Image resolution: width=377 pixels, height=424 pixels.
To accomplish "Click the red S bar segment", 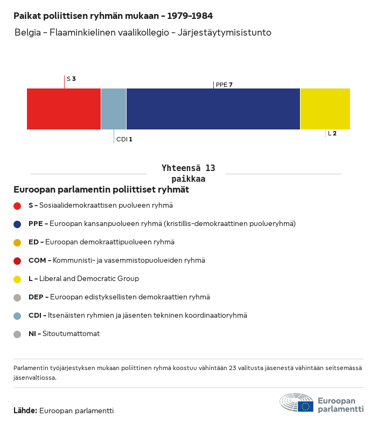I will tap(64, 109).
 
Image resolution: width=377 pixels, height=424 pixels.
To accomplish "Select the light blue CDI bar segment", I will tap(114, 109).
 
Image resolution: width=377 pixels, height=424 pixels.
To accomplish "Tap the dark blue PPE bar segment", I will tap(213, 109).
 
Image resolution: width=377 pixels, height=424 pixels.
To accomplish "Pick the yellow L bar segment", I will tap(325, 109).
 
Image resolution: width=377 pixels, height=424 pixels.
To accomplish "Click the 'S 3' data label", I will tap(71, 79).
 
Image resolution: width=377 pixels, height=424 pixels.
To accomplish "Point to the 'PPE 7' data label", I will tap(224, 85).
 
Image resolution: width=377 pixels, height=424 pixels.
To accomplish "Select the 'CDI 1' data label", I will tap(124, 139).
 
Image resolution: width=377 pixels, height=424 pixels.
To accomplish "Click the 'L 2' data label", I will tap(332, 133).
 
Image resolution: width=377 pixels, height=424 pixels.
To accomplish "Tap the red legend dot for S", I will tap(17, 206).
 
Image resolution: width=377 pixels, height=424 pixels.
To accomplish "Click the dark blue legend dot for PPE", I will tap(17, 224).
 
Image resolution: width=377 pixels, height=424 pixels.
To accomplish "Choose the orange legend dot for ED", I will tap(17, 242).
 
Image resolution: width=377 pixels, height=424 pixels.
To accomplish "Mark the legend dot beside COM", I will tap(17, 261).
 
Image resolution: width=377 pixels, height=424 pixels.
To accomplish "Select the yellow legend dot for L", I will tap(17, 279).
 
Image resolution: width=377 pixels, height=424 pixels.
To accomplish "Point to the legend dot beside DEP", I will tap(17, 297).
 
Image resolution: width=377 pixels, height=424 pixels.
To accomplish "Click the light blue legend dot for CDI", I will tap(17, 316).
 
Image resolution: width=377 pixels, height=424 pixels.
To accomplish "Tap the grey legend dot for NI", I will tap(17, 334).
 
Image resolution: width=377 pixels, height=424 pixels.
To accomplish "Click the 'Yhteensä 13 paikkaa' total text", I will tap(188, 174).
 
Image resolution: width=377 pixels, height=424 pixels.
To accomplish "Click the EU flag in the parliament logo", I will tap(305, 406).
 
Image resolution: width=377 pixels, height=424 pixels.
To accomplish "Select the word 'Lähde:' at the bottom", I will tap(25, 411).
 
